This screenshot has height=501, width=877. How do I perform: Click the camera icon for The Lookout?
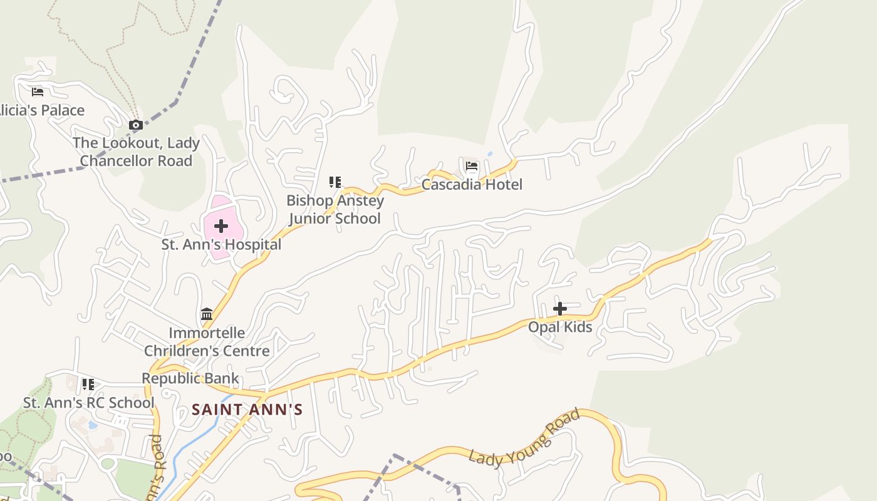[135, 125]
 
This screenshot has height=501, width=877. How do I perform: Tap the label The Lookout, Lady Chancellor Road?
[136, 152]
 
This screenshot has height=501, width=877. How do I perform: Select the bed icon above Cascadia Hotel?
[472, 166]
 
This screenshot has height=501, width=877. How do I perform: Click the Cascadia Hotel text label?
[472, 185]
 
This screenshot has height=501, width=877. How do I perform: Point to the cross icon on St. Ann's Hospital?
[221, 225]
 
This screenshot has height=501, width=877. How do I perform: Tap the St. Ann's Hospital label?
[221, 245]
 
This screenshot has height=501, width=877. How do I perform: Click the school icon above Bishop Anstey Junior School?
[335, 182]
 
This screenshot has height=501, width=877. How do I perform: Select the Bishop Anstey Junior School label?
[335, 210]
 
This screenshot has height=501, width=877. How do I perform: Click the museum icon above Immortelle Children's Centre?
[207, 314]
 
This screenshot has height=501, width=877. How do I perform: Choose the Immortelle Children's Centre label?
[207, 341]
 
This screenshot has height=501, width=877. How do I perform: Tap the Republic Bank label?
[190, 378]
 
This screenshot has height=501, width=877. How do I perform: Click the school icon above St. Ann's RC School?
[88, 384]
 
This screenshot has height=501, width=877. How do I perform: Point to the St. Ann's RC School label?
[88, 403]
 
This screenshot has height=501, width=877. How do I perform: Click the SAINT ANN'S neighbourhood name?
[247, 410]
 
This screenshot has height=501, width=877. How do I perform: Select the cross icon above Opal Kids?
[560, 308]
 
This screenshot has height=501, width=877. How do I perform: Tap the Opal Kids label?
[560, 327]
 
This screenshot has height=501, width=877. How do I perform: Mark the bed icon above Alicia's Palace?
[38, 92]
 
